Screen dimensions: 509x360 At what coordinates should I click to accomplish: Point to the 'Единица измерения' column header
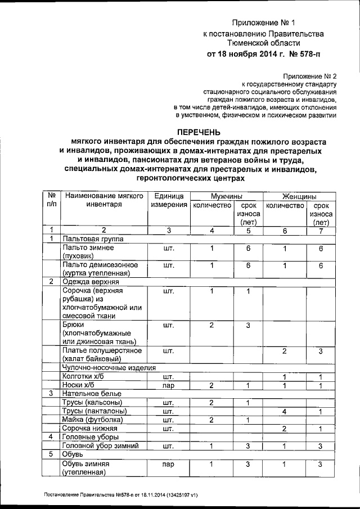(168, 201)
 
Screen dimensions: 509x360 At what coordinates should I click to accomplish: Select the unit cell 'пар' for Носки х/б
(168, 386)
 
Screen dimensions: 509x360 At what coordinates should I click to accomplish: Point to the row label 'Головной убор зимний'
(101, 445)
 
